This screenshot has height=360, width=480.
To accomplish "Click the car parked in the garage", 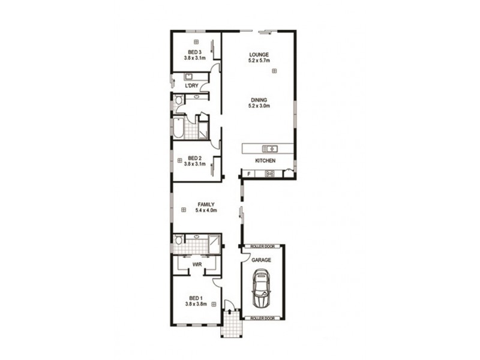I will [262, 289].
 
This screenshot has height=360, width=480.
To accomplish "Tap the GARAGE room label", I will [262, 260].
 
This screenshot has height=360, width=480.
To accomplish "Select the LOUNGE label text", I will [259, 55].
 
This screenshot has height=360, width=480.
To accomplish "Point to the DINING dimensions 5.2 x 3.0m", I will [259, 106].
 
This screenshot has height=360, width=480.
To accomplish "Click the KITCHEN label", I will [265, 161].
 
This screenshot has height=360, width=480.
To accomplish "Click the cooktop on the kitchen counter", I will [270, 174].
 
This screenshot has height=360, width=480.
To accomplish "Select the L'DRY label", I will [191, 86].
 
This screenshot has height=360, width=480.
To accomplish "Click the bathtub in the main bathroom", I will [180, 128].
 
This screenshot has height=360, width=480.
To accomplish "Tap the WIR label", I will [196, 264].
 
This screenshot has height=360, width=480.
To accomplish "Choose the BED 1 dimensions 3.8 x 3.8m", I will [196, 304].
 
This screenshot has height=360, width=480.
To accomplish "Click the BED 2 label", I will [196, 158].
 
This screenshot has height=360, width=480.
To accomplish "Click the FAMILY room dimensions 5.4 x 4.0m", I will [206, 211].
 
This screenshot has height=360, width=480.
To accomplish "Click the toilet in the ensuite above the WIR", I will [178, 240].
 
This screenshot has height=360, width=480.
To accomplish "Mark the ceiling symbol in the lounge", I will [274, 71].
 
